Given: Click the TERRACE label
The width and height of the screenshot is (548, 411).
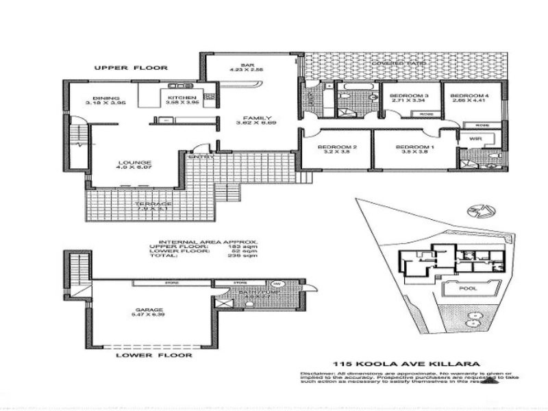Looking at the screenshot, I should coord(154,204).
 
